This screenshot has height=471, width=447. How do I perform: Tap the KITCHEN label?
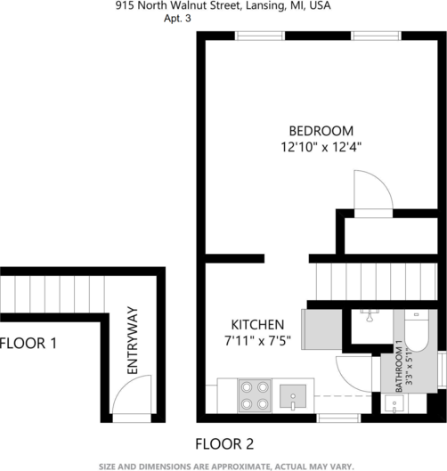point(257,325)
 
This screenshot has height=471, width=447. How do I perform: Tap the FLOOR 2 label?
point(224,443)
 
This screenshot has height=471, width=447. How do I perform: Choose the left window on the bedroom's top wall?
point(259,37)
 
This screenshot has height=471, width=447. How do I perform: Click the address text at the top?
point(223,5)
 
